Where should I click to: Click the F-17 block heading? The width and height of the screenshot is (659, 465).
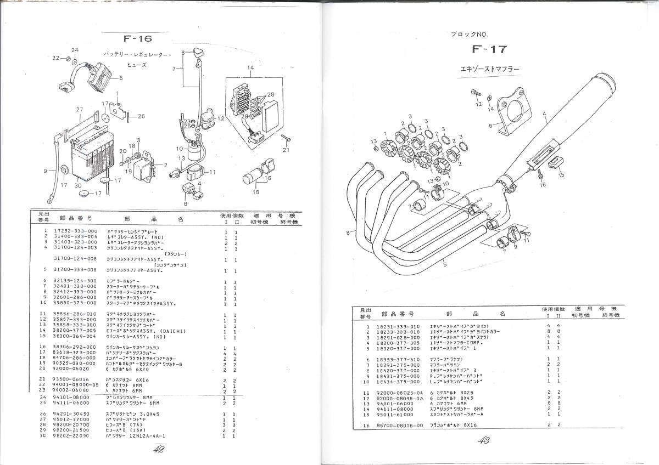[x=489, y=49]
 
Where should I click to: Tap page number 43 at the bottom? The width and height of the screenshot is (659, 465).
[x=484, y=440]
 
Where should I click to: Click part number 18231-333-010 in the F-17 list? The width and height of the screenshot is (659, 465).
[x=398, y=327]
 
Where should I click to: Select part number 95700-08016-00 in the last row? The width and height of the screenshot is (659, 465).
[x=400, y=425]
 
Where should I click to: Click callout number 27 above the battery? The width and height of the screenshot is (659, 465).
[x=80, y=110]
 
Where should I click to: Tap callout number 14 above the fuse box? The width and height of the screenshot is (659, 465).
[x=250, y=67]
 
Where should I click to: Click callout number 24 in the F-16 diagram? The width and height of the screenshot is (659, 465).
[x=75, y=50]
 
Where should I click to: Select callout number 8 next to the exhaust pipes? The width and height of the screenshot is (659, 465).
[x=348, y=233]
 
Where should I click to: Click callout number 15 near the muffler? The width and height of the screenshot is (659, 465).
[x=561, y=175]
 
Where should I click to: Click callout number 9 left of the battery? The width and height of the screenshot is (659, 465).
[x=46, y=171]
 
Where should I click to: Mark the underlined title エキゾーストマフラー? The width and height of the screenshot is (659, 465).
[x=489, y=70]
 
